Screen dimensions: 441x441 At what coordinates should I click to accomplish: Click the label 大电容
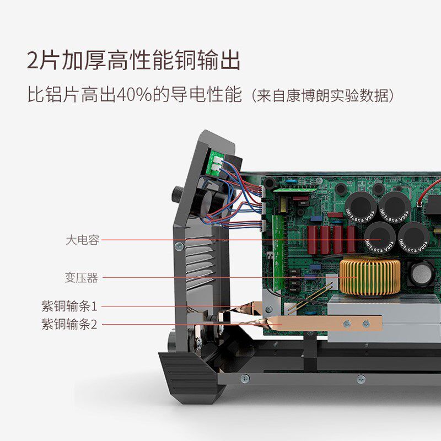[82, 240]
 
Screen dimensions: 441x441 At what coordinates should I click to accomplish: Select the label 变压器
[82, 278]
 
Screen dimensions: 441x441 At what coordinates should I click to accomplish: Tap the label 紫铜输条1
[69, 306]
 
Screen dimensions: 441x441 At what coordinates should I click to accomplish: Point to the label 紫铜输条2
[69, 324]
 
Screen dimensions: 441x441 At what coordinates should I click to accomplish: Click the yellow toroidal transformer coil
[369, 276]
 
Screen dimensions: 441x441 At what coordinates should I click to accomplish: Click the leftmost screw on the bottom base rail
[245, 378]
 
